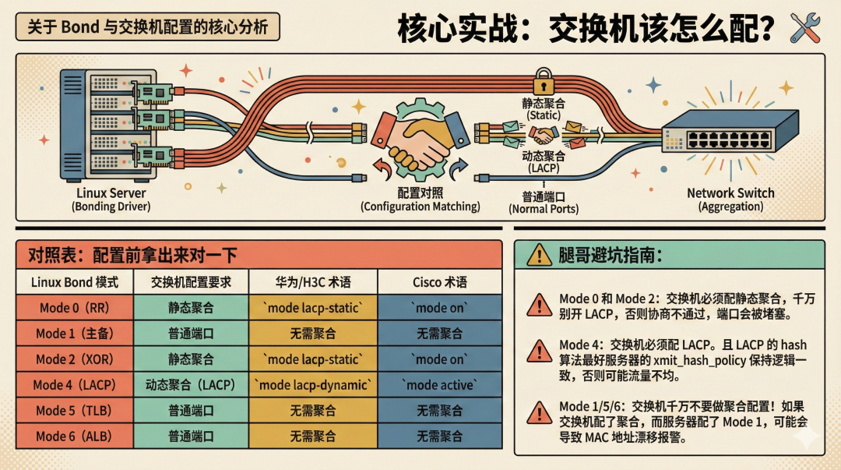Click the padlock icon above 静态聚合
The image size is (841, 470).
[543, 83]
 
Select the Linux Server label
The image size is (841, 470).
[111, 193]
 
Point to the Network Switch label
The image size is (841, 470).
[730, 193]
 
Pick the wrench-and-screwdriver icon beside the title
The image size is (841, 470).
[805, 28]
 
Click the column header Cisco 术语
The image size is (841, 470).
[439, 281]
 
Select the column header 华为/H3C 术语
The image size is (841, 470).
[313, 281]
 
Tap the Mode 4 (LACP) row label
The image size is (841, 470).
[75, 384]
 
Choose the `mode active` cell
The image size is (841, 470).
[439, 384]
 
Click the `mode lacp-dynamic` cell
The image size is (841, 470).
[313, 384]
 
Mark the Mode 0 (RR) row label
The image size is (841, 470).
[75, 307]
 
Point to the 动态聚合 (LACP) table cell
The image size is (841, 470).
[191, 384]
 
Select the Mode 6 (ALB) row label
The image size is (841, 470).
[75, 436]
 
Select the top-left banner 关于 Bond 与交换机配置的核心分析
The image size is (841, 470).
[147, 27]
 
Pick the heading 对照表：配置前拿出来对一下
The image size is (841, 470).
[132, 255]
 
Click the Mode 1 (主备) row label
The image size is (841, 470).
[75, 333]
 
